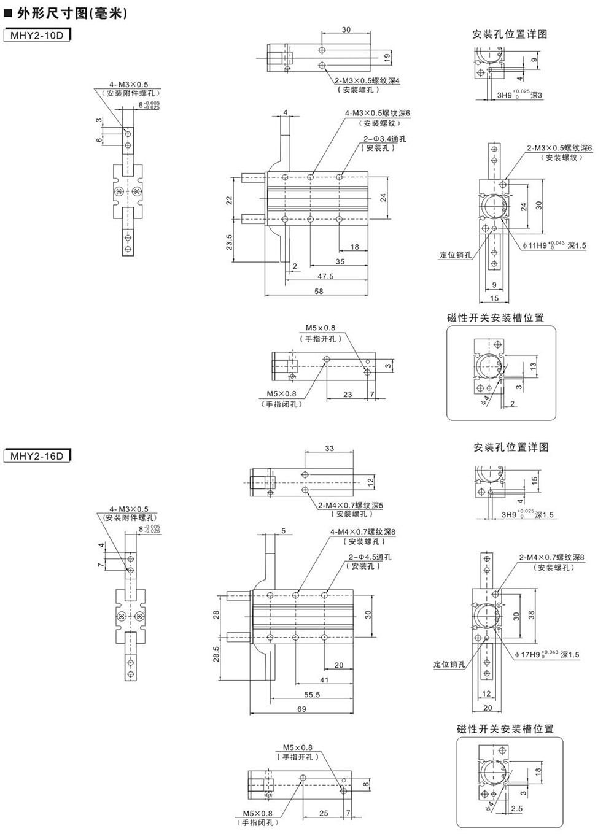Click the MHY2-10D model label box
(36, 35)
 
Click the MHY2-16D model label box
(36, 456)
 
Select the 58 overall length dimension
(319, 291)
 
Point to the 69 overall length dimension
(301, 709)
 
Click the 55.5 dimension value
(312, 694)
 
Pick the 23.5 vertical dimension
(229, 242)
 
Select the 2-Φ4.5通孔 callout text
(370, 557)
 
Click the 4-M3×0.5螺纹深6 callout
(377, 113)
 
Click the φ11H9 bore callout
(554, 245)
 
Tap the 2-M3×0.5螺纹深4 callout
(367, 80)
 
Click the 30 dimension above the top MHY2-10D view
(346, 29)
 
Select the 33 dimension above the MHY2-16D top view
(330, 449)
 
